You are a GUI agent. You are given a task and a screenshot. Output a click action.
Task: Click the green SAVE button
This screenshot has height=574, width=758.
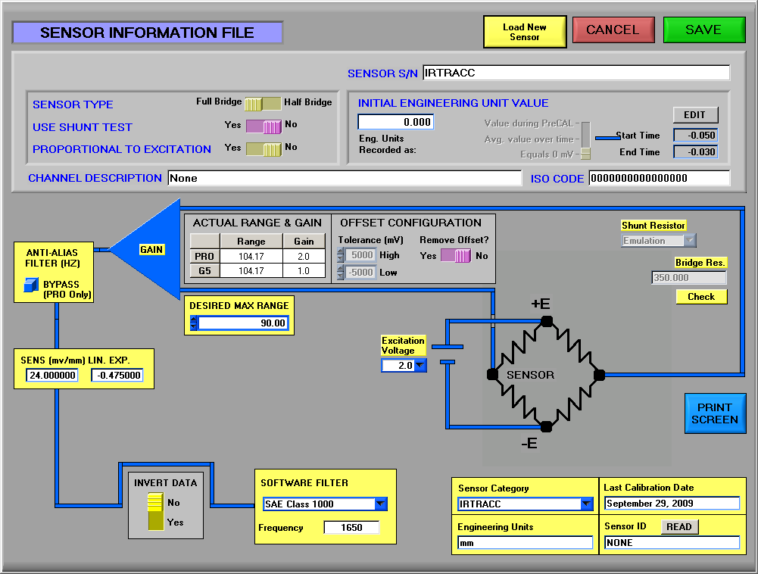pos(704,30)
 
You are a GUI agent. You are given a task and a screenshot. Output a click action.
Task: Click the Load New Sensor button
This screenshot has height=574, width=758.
pos(525,32)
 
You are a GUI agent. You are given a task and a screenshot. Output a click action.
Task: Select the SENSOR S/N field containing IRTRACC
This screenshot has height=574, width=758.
pos(576,73)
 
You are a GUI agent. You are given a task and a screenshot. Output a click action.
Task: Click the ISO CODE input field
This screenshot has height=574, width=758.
pos(659,178)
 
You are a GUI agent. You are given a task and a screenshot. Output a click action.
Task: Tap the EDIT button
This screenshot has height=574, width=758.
pos(695,114)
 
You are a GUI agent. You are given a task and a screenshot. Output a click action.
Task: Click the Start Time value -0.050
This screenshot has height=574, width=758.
pos(695,136)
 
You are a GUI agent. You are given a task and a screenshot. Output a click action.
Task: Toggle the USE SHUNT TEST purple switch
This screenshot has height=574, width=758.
pos(264,126)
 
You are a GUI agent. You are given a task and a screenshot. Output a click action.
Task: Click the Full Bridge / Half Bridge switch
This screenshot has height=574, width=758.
pos(263,104)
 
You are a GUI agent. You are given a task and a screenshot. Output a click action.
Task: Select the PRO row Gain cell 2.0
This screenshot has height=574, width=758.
pos(304,256)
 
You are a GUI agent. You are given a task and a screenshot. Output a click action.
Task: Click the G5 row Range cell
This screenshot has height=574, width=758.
pos(251,271)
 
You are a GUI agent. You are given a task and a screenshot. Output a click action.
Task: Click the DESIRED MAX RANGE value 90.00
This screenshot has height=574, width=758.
pos(243,323)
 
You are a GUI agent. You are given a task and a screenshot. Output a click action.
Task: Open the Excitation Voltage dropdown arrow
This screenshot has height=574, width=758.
pos(420,365)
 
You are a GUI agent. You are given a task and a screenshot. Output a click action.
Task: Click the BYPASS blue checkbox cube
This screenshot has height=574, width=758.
pos(31,285)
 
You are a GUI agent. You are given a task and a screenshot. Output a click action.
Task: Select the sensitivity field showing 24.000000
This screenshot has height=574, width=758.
pos(52,376)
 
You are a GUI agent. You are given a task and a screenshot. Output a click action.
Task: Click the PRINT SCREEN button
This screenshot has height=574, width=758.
pos(715,413)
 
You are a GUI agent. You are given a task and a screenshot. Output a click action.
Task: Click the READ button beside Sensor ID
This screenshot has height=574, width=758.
pos(679,526)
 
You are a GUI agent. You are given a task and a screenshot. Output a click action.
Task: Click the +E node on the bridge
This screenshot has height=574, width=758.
pos(547,321)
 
